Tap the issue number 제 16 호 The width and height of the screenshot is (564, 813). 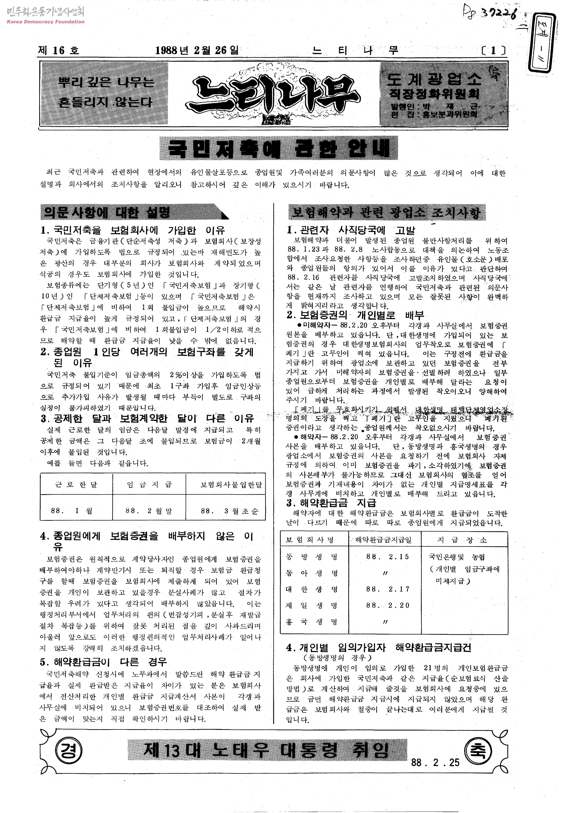coord(59,50)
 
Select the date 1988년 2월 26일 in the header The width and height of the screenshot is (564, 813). coord(197,50)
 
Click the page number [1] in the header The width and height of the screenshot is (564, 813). coord(493,51)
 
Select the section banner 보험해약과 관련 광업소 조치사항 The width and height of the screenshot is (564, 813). coord(387,213)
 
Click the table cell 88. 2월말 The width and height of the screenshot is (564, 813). coord(149,511)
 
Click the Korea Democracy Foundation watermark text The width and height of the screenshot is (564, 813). coord(46,22)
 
